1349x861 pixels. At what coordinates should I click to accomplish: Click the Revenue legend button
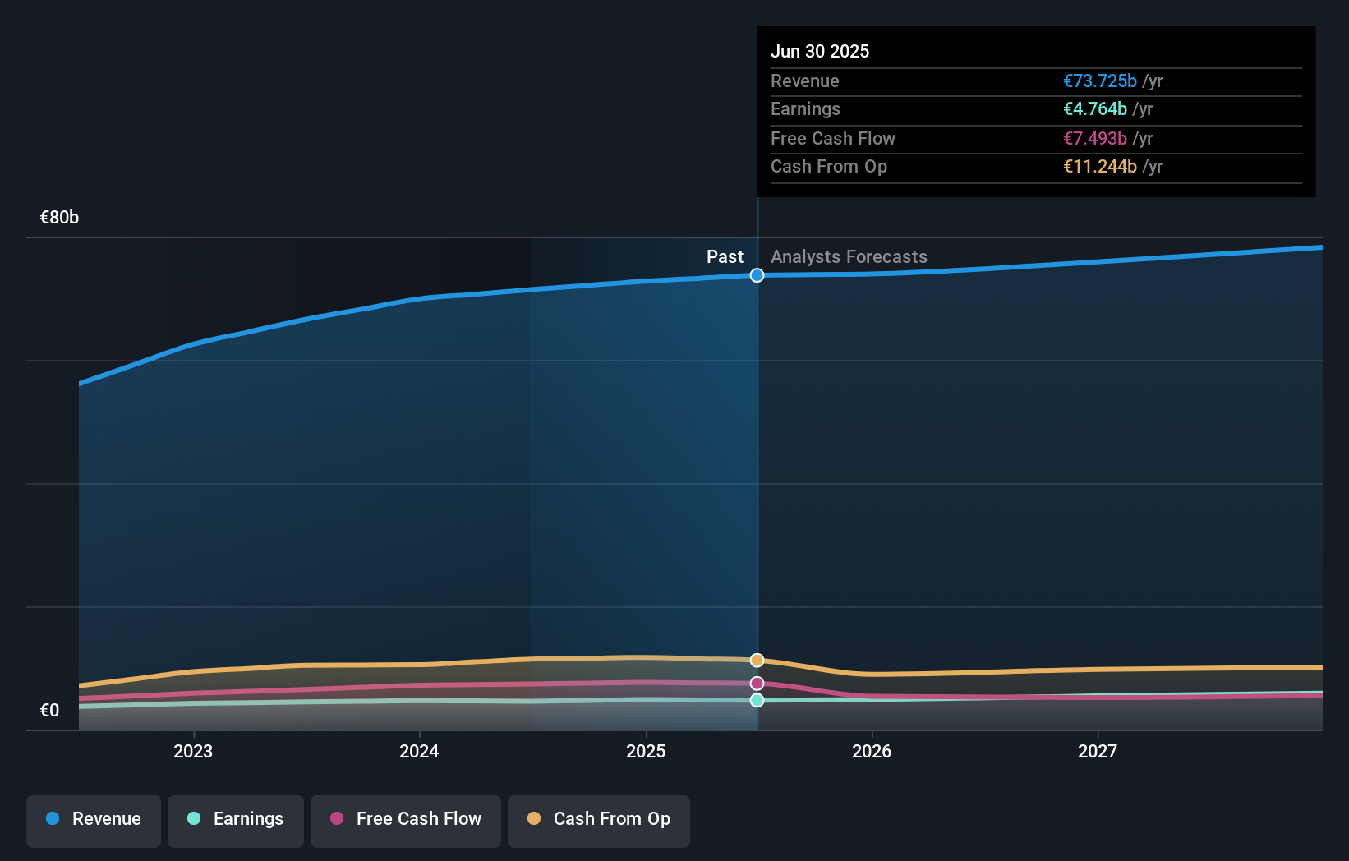pyautogui.click(x=94, y=820)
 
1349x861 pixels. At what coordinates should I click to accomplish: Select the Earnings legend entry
pyautogui.click(x=236, y=820)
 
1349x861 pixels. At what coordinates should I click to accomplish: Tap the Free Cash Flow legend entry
pyautogui.click(x=406, y=820)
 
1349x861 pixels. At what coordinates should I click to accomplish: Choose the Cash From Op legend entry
pyautogui.click(x=599, y=820)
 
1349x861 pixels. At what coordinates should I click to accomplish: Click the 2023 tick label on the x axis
pyautogui.click(x=193, y=751)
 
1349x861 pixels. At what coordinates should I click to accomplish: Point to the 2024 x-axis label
pyautogui.click(x=419, y=751)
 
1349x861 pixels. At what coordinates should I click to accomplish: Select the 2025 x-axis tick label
pyautogui.click(x=646, y=751)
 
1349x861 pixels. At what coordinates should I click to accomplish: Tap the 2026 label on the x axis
pyautogui.click(x=872, y=751)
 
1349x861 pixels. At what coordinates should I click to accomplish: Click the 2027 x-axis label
pyautogui.click(x=1098, y=751)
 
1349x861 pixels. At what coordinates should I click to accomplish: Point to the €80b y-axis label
pyautogui.click(x=59, y=218)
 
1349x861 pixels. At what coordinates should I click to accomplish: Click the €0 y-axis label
pyautogui.click(x=49, y=710)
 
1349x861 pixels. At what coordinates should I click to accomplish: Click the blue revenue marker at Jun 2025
pyautogui.click(x=757, y=275)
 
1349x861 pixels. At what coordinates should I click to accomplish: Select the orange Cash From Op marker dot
pyautogui.click(x=757, y=661)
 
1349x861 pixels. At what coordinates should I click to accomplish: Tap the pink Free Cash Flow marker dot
pyautogui.click(x=757, y=684)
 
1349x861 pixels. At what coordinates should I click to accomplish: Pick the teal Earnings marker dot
pyautogui.click(x=757, y=700)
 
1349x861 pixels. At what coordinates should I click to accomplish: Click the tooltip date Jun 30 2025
pyautogui.click(x=820, y=51)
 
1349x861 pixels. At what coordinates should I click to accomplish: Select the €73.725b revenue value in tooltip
pyautogui.click(x=1100, y=81)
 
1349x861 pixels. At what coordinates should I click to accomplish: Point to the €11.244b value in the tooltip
pyautogui.click(x=1100, y=166)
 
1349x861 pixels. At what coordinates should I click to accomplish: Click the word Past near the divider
pyautogui.click(x=725, y=256)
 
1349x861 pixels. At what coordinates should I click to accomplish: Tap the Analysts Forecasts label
pyautogui.click(x=849, y=256)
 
